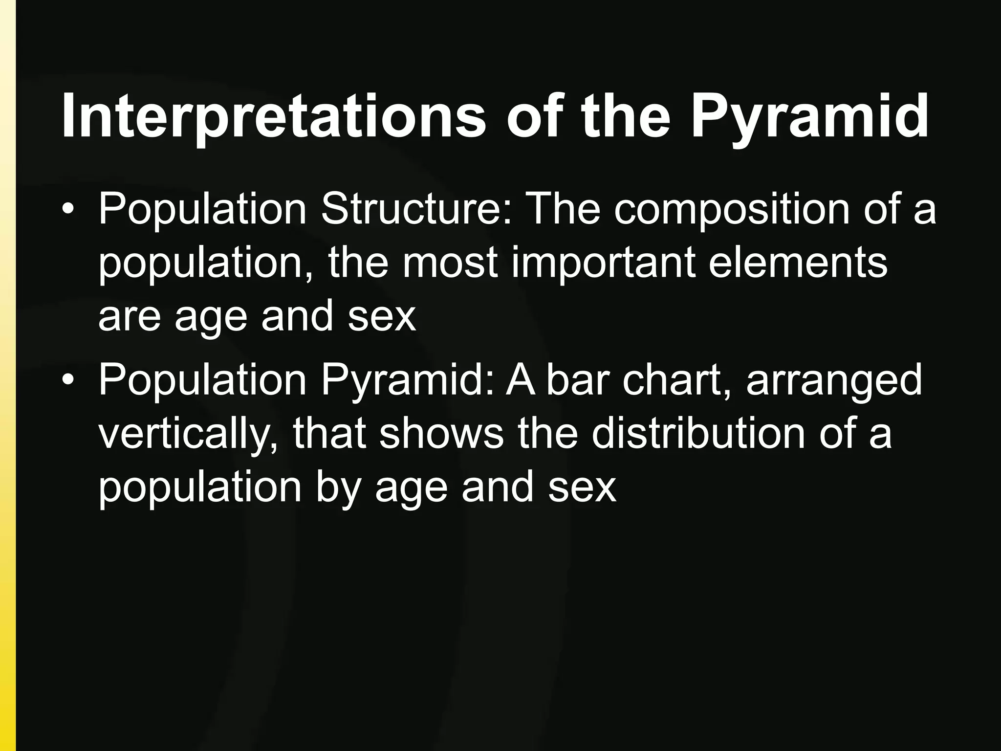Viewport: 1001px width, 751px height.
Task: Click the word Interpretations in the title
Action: pyautogui.click(x=274, y=116)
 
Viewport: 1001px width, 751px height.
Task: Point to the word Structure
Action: pyautogui.click(x=415, y=209)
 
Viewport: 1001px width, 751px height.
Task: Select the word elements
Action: pyautogui.click(x=798, y=263)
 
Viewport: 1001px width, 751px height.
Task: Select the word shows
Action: pyautogui.click(x=441, y=433)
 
